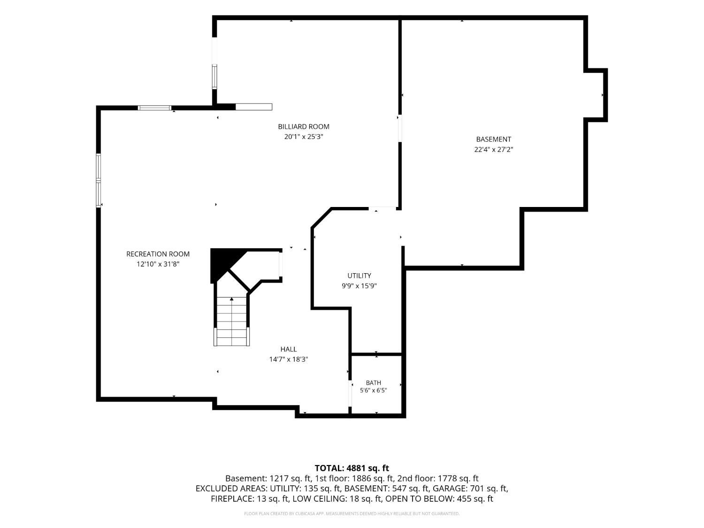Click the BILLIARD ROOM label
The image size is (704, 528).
click(303, 127)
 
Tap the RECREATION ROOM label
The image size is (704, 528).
click(158, 254)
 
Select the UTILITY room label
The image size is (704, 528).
click(359, 275)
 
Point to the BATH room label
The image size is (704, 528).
click(373, 383)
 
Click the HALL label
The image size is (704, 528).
click(288, 350)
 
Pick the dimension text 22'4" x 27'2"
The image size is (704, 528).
click(494, 150)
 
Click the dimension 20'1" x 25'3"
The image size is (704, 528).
click(303, 137)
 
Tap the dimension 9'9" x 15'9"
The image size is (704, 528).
click(359, 286)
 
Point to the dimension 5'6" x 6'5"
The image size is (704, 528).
click(373, 390)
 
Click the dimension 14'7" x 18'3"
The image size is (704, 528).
click(288, 360)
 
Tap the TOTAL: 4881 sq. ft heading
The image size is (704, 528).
click(352, 468)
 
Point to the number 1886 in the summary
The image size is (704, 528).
click(361, 479)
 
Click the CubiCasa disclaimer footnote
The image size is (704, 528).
click(352, 514)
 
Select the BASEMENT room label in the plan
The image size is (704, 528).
click(494, 139)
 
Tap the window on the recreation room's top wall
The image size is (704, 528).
click(154, 108)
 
